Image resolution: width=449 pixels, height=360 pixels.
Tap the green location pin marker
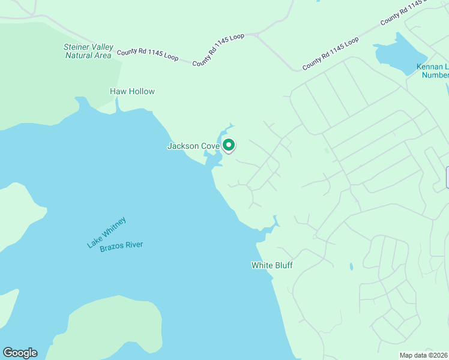[229, 145]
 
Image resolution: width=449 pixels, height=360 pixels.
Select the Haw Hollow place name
[132, 92]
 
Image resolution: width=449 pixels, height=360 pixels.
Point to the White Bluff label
[271, 265]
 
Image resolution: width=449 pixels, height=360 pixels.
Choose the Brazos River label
[121, 246]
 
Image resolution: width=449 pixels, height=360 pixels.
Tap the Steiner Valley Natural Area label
[88, 51]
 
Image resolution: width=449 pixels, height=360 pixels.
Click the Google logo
[19, 353]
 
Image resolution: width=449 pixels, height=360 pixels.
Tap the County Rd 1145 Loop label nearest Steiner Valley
[148, 54]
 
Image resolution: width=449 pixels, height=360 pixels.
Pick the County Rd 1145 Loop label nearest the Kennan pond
[330, 53]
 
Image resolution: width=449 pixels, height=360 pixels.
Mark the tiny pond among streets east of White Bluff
[351, 266]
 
